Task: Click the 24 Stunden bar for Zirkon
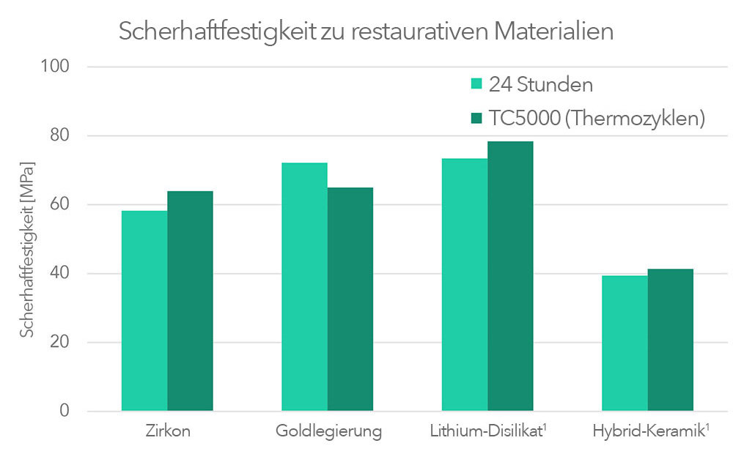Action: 144,310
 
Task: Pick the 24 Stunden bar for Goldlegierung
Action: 304,286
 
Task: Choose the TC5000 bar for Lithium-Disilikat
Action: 510,276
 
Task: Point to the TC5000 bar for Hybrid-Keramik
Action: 670,340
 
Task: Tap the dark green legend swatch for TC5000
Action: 476,119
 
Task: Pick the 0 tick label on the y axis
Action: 65,412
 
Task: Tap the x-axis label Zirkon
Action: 168,431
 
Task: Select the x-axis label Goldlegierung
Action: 328,431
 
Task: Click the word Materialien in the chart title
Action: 553,32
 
